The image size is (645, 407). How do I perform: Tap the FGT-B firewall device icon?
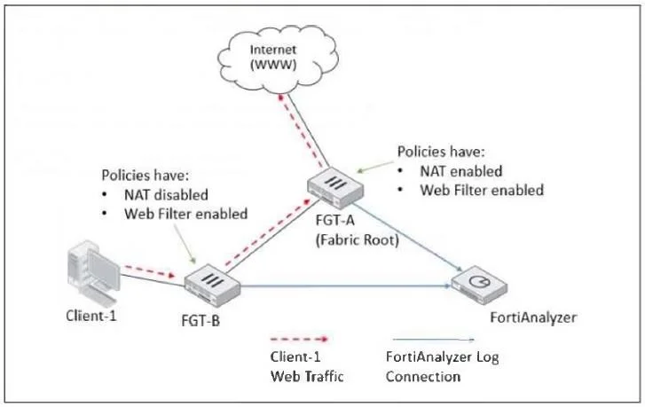tap(212, 286)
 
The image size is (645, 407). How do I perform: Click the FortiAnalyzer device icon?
tap(479, 285)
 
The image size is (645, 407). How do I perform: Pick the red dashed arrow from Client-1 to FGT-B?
tap(150, 271)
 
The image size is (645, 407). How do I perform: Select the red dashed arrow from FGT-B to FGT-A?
tap(267, 232)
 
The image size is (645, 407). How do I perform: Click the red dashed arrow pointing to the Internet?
tap(300, 130)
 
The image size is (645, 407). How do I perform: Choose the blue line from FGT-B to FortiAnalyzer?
tap(346, 286)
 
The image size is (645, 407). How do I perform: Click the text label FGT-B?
tap(201, 320)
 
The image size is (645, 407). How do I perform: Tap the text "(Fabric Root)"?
tap(357, 239)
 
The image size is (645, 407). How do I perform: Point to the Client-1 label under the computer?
tap(91, 316)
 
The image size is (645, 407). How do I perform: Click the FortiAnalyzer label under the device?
tap(533, 317)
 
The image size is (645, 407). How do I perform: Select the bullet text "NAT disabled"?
tap(166, 194)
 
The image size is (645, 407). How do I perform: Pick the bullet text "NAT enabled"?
tap(461, 171)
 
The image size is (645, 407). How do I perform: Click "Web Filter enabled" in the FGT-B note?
tap(186, 214)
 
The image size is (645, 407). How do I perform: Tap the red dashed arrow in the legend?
tap(300, 339)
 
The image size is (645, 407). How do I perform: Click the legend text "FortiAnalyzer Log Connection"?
tap(442, 366)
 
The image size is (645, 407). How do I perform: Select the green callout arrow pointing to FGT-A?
tap(375, 167)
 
